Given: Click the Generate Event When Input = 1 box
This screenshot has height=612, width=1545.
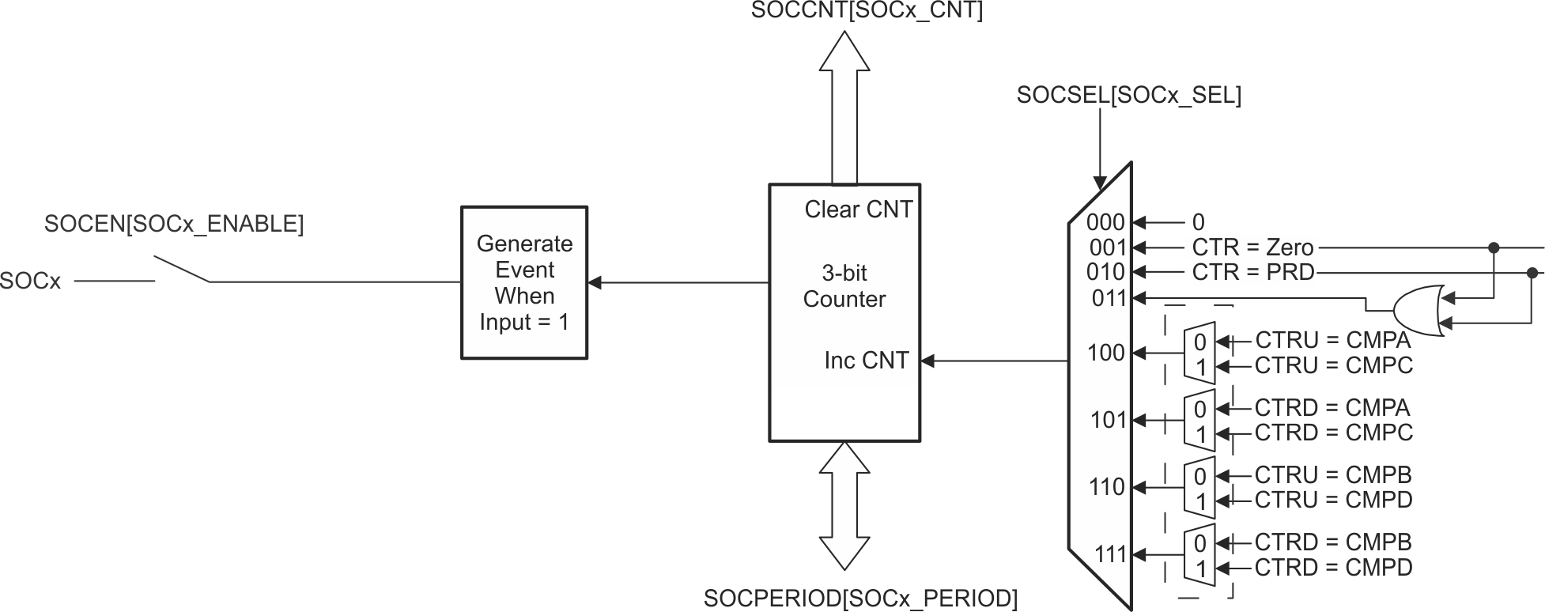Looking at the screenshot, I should point(524,282).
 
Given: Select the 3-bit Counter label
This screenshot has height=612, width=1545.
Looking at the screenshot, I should point(844,286).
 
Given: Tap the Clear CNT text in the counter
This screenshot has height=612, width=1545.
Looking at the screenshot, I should point(858,210).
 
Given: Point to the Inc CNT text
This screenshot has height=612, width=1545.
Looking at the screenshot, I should point(866,361).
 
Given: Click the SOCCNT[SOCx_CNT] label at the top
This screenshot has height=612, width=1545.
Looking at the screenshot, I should point(867,11).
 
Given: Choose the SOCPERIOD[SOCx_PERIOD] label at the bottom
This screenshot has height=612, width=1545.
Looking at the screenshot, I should point(860,599).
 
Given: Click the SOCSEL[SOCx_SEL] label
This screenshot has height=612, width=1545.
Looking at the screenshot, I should point(1128,95).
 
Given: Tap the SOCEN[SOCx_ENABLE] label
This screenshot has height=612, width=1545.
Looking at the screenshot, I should point(174,224).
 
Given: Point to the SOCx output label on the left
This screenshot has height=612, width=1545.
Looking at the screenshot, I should point(30,281).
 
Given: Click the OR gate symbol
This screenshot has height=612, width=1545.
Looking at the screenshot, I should point(1419,310).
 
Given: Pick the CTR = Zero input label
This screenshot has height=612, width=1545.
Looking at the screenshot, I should point(1252,247).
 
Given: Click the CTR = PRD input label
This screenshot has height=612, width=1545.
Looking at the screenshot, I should point(1252,272).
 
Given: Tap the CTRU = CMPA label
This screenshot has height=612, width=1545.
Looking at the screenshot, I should point(1332,340).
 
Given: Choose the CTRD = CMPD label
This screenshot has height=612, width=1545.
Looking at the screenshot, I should point(1333,567).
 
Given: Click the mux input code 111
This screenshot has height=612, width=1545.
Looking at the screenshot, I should point(1109,554).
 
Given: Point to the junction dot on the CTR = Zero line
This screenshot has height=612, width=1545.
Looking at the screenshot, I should point(1493,247).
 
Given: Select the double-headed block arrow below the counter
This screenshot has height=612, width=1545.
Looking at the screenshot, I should point(844,506).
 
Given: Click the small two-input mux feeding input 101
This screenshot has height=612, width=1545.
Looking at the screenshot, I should point(1199,421).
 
